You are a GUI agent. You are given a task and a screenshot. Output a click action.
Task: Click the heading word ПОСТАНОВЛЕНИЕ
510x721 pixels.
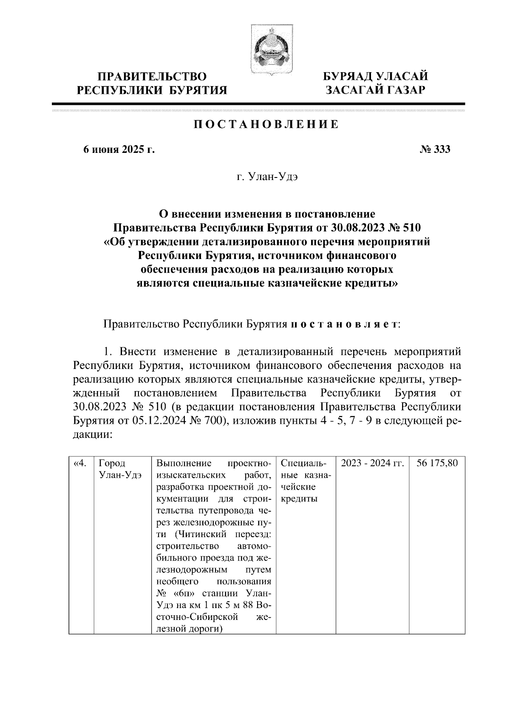point(266,124)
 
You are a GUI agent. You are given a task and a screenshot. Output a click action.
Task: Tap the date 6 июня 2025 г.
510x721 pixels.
point(119,149)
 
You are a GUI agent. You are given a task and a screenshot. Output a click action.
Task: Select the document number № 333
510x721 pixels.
point(434,149)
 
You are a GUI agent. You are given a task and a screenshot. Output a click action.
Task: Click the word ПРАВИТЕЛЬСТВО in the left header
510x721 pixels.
point(153,76)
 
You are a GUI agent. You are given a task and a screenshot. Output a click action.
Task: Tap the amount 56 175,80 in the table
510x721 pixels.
point(437,463)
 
